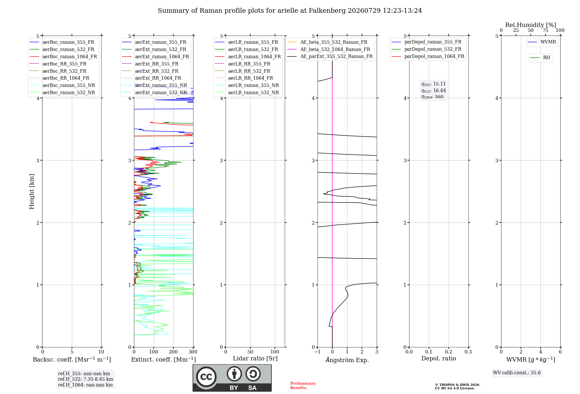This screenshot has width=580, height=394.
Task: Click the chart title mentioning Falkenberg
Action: click(290, 11)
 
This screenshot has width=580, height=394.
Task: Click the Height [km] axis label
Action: click(32, 191)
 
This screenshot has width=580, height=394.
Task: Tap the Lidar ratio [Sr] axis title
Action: click(255, 358)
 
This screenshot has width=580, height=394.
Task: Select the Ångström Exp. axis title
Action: click(347, 360)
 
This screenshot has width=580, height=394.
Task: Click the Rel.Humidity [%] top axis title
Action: click(531, 25)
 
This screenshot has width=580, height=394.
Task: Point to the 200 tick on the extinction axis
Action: click(173, 352)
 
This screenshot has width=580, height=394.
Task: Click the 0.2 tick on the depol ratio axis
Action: click(449, 352)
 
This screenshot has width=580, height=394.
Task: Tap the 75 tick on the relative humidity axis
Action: click(545, 30)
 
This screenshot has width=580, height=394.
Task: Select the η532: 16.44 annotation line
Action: click(434, 91)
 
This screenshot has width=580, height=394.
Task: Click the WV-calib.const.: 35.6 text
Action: click(517, 373)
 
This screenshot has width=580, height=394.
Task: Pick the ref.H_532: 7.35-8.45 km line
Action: click(86, 379)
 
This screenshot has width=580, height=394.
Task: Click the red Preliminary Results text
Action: click(303, 386)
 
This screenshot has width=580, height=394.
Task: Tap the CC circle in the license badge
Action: click(206, 377)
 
